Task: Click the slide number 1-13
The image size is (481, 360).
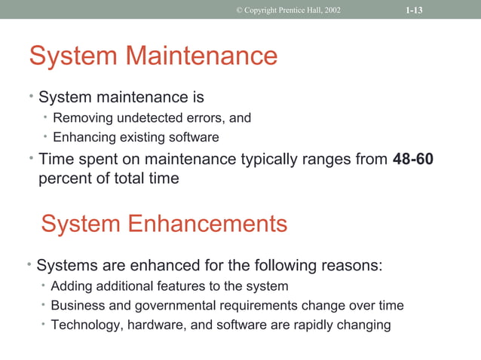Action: point(413,10)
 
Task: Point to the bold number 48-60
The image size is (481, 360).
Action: point(413,160)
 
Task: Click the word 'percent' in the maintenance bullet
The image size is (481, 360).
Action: point(63,179)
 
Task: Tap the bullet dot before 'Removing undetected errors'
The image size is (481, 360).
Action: point(45,117)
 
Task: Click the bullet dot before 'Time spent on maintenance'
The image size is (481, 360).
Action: point(31,158)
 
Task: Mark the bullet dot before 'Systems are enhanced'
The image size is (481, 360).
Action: point(29,264)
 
